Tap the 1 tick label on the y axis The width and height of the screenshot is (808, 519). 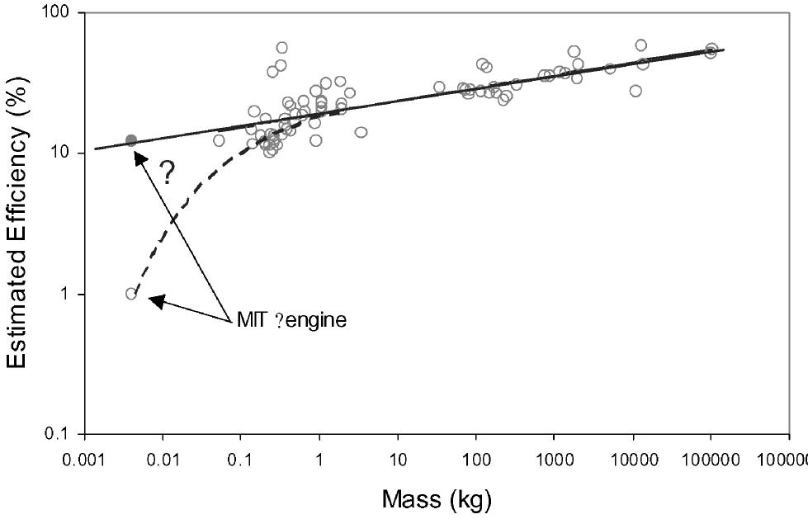pyautogui.click(x=67, y=295)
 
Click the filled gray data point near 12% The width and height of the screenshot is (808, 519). pyautogui.click(x=130, y=141)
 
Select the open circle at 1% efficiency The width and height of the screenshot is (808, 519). pyautogui.click(x=130, y=294)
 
